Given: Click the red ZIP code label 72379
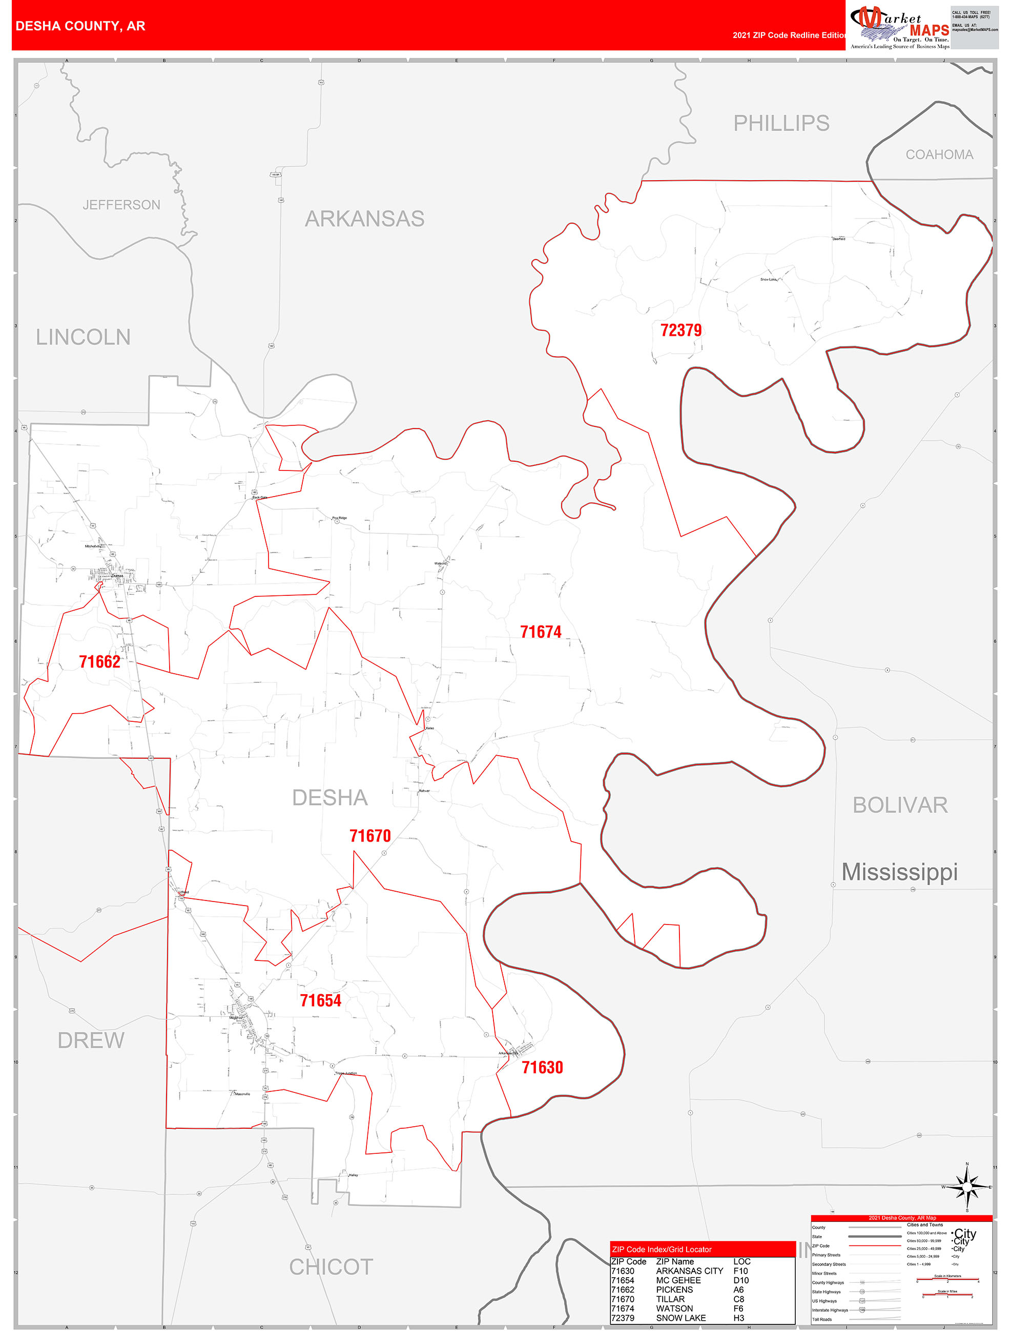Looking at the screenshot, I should pos(680,330).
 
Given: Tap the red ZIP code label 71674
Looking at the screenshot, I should pos(540,632).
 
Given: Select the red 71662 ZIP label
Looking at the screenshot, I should pos(99,662).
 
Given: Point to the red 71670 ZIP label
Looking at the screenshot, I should pos(370,836).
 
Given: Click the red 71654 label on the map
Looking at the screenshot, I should pos(320,1000).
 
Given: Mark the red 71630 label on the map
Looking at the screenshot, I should pos(542,1067).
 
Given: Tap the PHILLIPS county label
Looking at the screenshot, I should pos(781,123).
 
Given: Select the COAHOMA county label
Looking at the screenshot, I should pos(939,155).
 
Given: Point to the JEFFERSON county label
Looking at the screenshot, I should pos(121,205).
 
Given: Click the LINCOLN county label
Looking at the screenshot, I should pos(83,337).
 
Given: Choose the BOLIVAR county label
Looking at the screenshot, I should pos(900,805).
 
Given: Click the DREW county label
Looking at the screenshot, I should pos(91,1040).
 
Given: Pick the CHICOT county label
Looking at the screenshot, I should pos(331,1267).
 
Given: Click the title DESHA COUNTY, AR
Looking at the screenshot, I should pos(80,26).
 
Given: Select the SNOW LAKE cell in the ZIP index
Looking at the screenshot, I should pos(680,1318).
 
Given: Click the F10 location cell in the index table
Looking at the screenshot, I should pos(740,1271).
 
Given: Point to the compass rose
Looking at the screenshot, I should pos(966,1187).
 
